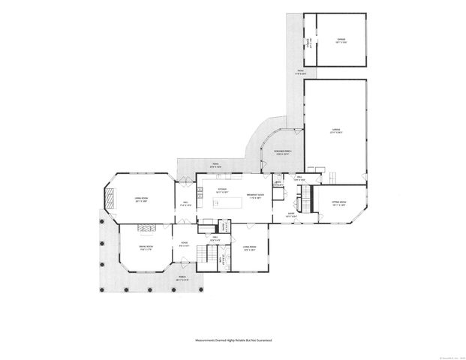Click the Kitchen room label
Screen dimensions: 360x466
click(222, 190)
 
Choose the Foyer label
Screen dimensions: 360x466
click(184, 243)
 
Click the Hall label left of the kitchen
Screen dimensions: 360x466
click(186, 203)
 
